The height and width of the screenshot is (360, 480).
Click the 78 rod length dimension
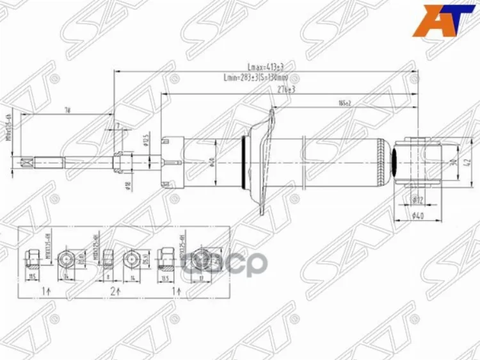[x=67, y=110]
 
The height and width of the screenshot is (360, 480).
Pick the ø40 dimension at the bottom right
[x=417, y=216]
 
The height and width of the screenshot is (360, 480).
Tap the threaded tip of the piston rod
[x=27, y=162]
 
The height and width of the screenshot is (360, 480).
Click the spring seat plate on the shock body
[x=264, y=160]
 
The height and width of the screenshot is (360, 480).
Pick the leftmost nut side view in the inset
[x=31, y=258]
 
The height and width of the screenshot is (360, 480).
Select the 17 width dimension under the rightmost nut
[x=201, y=278]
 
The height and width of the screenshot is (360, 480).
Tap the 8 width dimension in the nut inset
[x=109, y=278]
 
